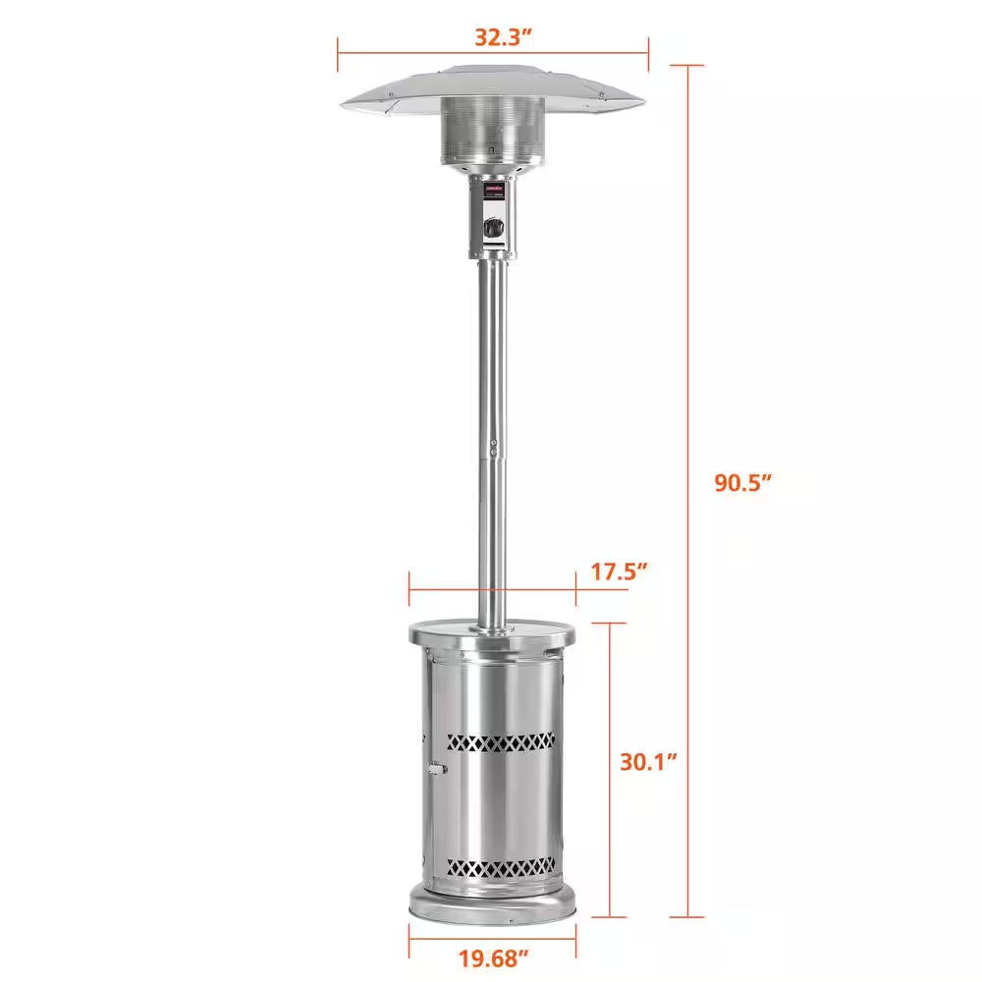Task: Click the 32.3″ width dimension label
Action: pyautogui.click(x=503, y=37)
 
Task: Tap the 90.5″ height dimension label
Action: pyautogui.click(x=743, y=483)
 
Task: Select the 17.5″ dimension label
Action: pyautogui.click(x=619, y=572)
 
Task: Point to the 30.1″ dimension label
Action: pyautogui.click(x=649, y=762)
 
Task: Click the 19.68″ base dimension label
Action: pyautogui.click(x=494, y=958)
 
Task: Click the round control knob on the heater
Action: pyautogui.click(x=494, y=226)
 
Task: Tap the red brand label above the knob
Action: pyautogui.click(x=494, y=187)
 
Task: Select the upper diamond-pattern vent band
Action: pyautogui.click(x=501, y=742)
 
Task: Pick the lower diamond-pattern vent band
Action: pyautogui.click(x=501, y=868)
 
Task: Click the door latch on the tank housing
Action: pyautogui.click(x=437, y=769)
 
